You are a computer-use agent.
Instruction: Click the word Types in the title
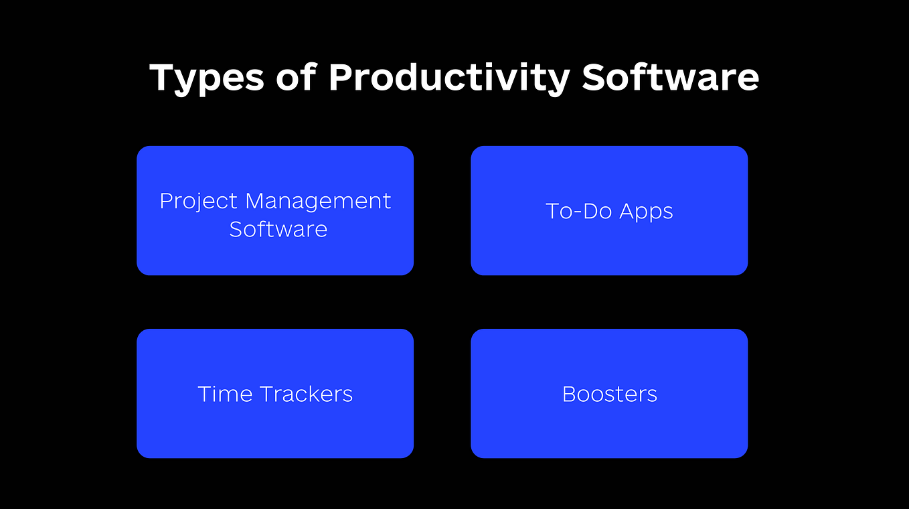pyautogui.click(x=206, y=78)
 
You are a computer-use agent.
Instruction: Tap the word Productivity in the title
pyautogui.click(x=448, y=78)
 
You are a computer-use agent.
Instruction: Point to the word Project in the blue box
pyautogui.click(x=199, y=202)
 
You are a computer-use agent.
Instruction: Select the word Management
pyautogui.click(x=318, y=201)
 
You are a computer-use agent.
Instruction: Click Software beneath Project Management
pyautogui.click(x=278, y=229)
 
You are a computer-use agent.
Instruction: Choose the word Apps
pyautogui.click(x=646, y=212)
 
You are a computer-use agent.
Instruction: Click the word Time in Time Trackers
pyautogui.click(x=224, y=394)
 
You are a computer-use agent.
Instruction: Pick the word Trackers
pyautogui.click(x=306, y=394)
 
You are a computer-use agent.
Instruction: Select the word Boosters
pyautogui.click(x=609, y=394)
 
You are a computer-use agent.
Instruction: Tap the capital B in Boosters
pyautogui.click(x=569, y=394)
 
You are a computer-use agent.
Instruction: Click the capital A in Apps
pyautogui.click(x=627, y=211)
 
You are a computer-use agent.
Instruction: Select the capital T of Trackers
pyautogui.click(x=265, y=394)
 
